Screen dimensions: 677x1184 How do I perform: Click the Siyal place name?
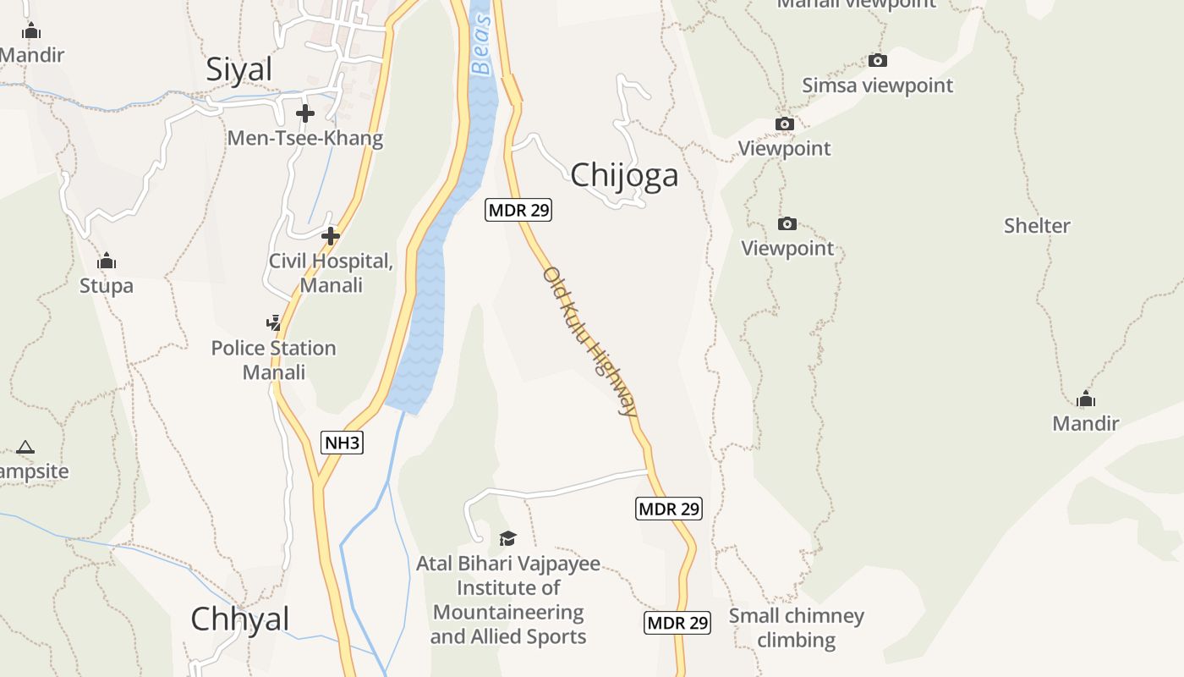(239, 69)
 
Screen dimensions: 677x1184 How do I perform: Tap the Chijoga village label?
(624, 175)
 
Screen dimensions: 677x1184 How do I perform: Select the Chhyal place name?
(240, 619)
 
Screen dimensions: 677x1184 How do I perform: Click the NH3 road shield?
(343, 442)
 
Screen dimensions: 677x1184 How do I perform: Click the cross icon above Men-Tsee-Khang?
(305, 113)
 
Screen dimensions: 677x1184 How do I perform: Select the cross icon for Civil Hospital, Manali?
(331, 236)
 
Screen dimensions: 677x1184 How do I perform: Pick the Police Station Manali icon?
(273, 322)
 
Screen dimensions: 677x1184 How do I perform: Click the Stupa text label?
(107, 285)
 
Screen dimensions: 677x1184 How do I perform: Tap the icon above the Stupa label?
(107, 261)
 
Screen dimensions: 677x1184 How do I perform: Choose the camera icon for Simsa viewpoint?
(878, 60)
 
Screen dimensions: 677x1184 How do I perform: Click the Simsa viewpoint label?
(877, 85)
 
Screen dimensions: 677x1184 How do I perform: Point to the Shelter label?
(1037, 226)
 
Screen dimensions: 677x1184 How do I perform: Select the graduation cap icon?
(507, 538)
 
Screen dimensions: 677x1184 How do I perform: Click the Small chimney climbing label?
(796, 627)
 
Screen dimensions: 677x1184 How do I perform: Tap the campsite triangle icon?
(25, 447)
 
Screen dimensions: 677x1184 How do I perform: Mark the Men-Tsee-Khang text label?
(305, 138)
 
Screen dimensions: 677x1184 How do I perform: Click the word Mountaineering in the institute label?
(508, 612)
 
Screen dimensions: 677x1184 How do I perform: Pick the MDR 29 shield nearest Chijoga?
(518, 210)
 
